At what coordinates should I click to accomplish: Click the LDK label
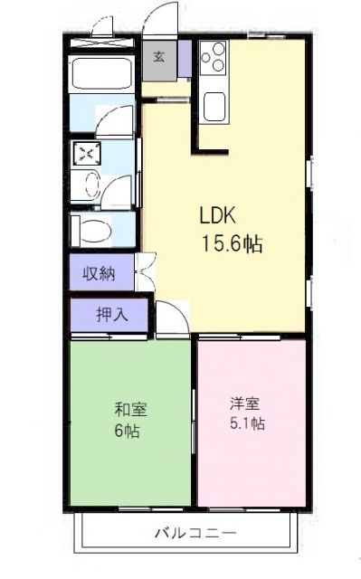[217, 217]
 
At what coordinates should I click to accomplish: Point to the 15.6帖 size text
[233, 243]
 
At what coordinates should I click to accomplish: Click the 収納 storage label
[100, 272]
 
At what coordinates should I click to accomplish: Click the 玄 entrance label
[159, 56]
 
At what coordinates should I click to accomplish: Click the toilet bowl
[91, 231]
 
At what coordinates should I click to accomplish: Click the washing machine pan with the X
[88, 155]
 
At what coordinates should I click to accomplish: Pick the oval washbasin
[90, 185]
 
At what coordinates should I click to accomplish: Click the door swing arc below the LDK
[170, 318]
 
